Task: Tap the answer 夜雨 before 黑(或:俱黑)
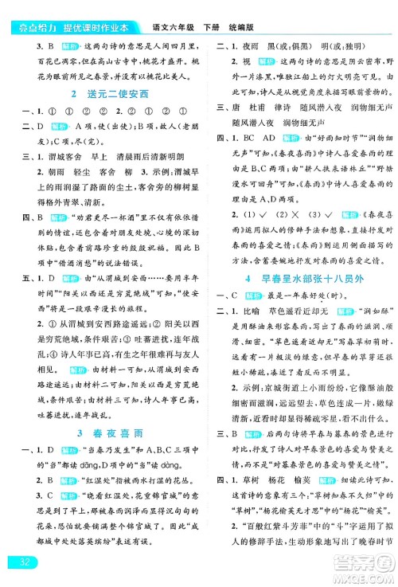tap(248, 25)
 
